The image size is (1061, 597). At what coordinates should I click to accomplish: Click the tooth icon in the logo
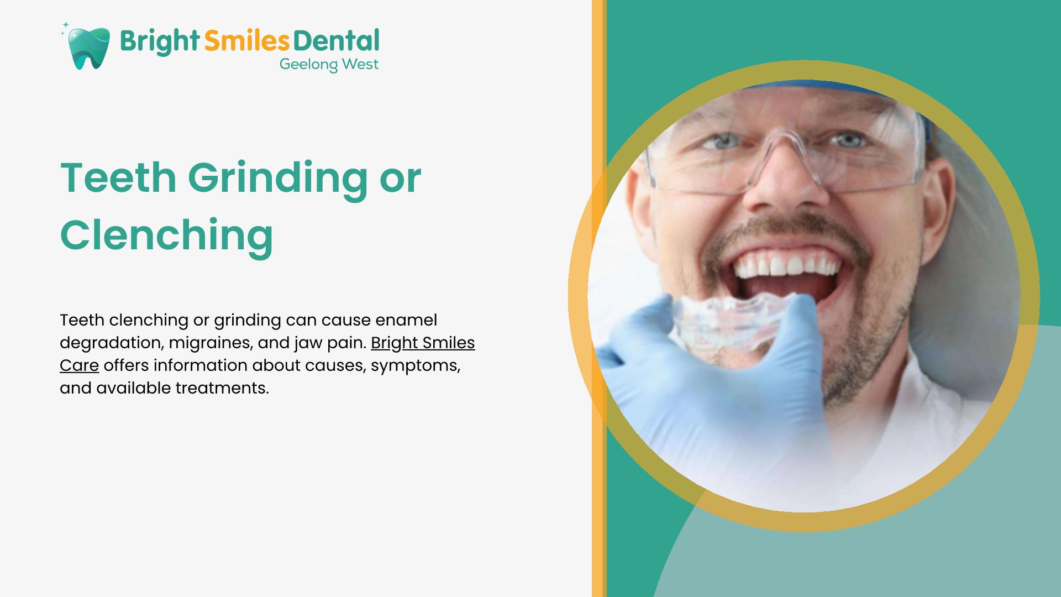88,48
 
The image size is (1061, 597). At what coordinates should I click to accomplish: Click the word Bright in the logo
159,41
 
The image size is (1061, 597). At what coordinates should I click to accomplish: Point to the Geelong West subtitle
329,65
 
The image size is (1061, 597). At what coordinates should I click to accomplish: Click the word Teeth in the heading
118,177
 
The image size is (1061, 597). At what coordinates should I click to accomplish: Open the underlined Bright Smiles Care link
267,354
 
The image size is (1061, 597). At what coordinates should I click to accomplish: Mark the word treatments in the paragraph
222,388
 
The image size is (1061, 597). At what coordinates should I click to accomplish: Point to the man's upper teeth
785,266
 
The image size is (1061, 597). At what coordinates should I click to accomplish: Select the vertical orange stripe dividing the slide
599,298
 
